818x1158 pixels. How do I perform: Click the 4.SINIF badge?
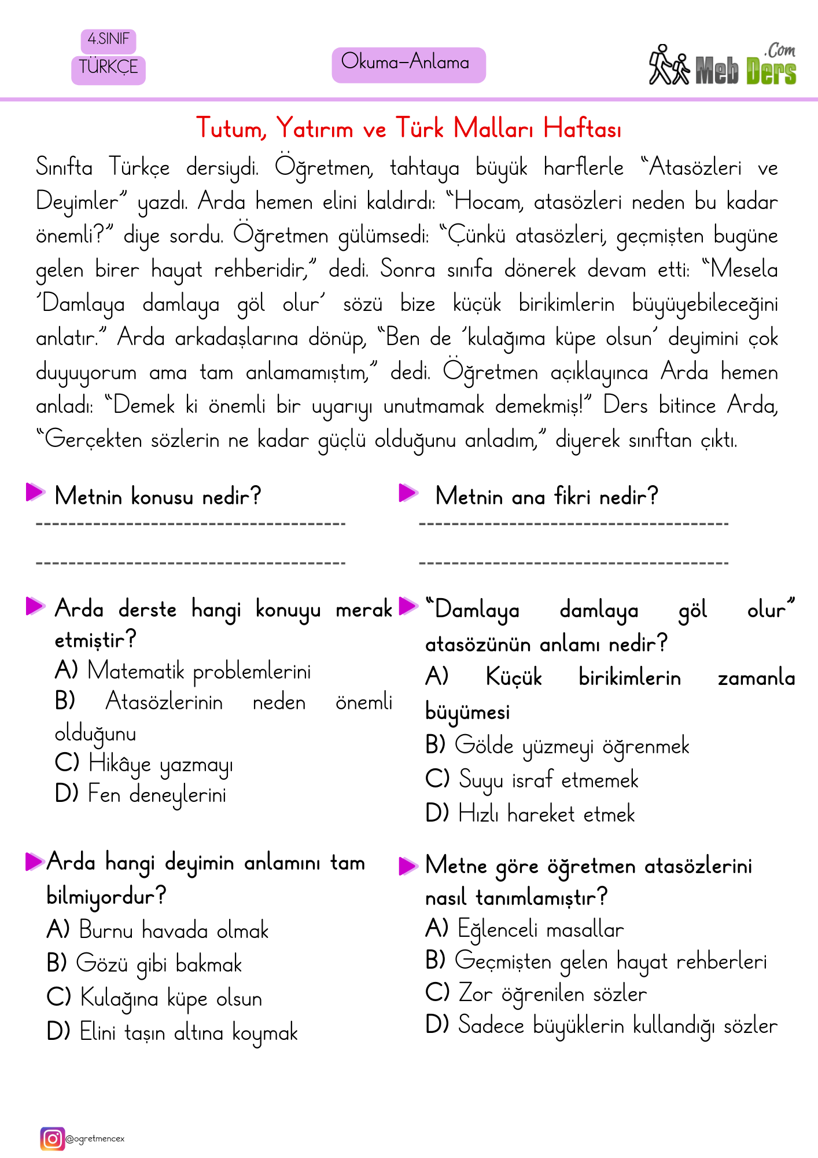point(108,40)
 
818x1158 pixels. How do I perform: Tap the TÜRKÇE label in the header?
point(108,68)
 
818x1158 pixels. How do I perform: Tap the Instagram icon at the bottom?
point(52,1138)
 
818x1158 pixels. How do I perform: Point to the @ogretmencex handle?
point(95,1139)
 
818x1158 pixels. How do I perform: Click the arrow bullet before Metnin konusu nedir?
point(35,493)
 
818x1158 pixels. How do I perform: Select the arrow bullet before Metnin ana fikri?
point(408,493)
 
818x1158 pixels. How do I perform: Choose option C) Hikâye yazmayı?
point(145,764)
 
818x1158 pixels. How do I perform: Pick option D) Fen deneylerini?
point(141,794)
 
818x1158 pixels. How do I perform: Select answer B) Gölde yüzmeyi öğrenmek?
point(557,746)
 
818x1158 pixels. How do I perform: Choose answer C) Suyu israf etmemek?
point(532,780)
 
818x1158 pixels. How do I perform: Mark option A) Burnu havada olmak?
point(157,930)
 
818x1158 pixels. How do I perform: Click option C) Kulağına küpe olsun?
point(154,999)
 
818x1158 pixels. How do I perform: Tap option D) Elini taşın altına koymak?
point(172,1032)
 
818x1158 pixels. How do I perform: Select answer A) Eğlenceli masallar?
point(525,929)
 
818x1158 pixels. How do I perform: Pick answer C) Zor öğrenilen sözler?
point(536,994)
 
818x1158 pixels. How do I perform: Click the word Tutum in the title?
point(230,129)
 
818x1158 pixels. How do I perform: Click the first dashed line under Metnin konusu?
point(190,525)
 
